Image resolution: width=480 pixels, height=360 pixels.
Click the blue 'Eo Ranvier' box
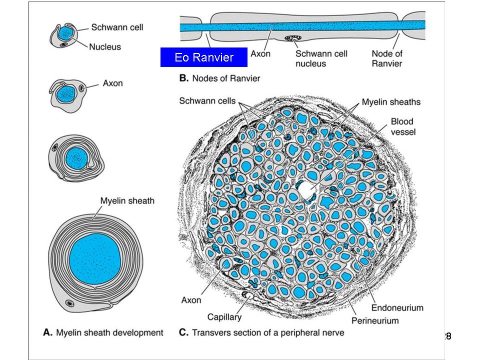click(x=204, y=57)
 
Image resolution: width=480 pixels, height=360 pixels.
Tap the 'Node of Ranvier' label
click(x=387, y=58)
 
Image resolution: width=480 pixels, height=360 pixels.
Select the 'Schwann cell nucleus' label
click(x=321, y=58)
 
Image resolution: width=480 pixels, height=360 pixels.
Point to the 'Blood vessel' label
click(x=402, y=126)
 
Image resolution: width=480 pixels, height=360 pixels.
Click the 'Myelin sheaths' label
click(x=391, y=102)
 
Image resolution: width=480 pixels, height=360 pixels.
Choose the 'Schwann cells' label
click(x=207, y=101)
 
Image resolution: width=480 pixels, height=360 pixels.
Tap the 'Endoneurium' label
click(x=397, y=307)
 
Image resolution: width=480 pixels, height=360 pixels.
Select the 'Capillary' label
click(x=224, y=317)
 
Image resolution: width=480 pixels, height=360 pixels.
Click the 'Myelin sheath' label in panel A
click(x=127, y=201)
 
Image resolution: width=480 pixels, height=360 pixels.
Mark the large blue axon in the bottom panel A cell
click(x=94, y=258)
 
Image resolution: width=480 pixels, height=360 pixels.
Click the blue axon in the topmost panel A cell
click(x=65, y=33)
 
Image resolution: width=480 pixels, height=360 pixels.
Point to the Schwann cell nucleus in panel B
click(x=290, y=38)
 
